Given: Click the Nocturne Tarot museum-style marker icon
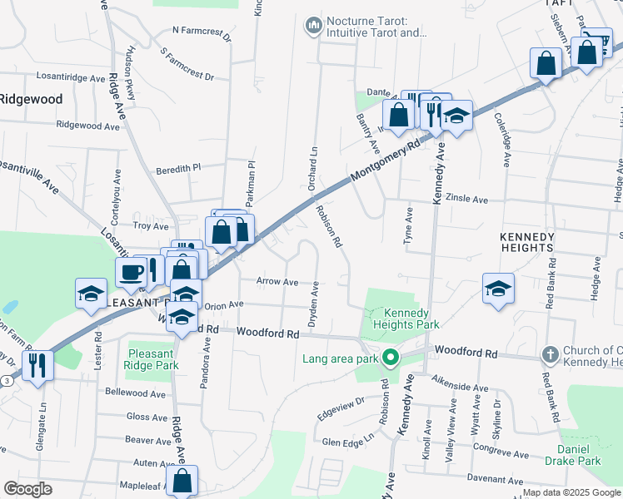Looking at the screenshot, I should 314,27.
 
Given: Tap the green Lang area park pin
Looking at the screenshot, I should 388,359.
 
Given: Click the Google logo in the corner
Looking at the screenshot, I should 27,489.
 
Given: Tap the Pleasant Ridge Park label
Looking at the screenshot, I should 152,359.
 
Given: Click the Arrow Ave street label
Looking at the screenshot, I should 277,282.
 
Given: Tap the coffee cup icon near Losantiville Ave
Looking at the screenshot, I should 132,272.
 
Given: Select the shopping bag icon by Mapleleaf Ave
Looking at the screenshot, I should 182,480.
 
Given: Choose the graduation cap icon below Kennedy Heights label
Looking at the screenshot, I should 498,289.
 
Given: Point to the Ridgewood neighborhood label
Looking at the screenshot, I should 31,98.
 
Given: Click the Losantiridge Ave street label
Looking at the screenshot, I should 72,76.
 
